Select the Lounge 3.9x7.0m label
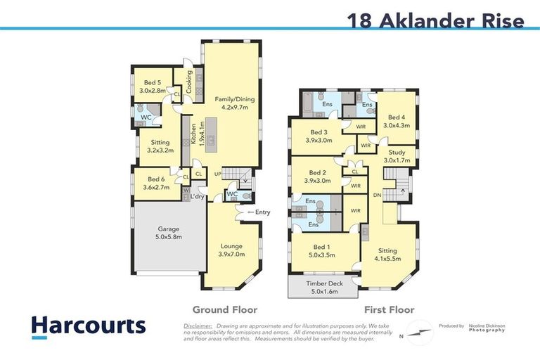pos(231,250)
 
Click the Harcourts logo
pos(89,326)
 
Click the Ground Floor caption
pos(225,309)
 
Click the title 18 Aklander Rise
pos(436,20)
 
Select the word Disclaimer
pos(198,326)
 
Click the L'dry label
pos(196,197)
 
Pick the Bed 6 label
pos(157,183)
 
